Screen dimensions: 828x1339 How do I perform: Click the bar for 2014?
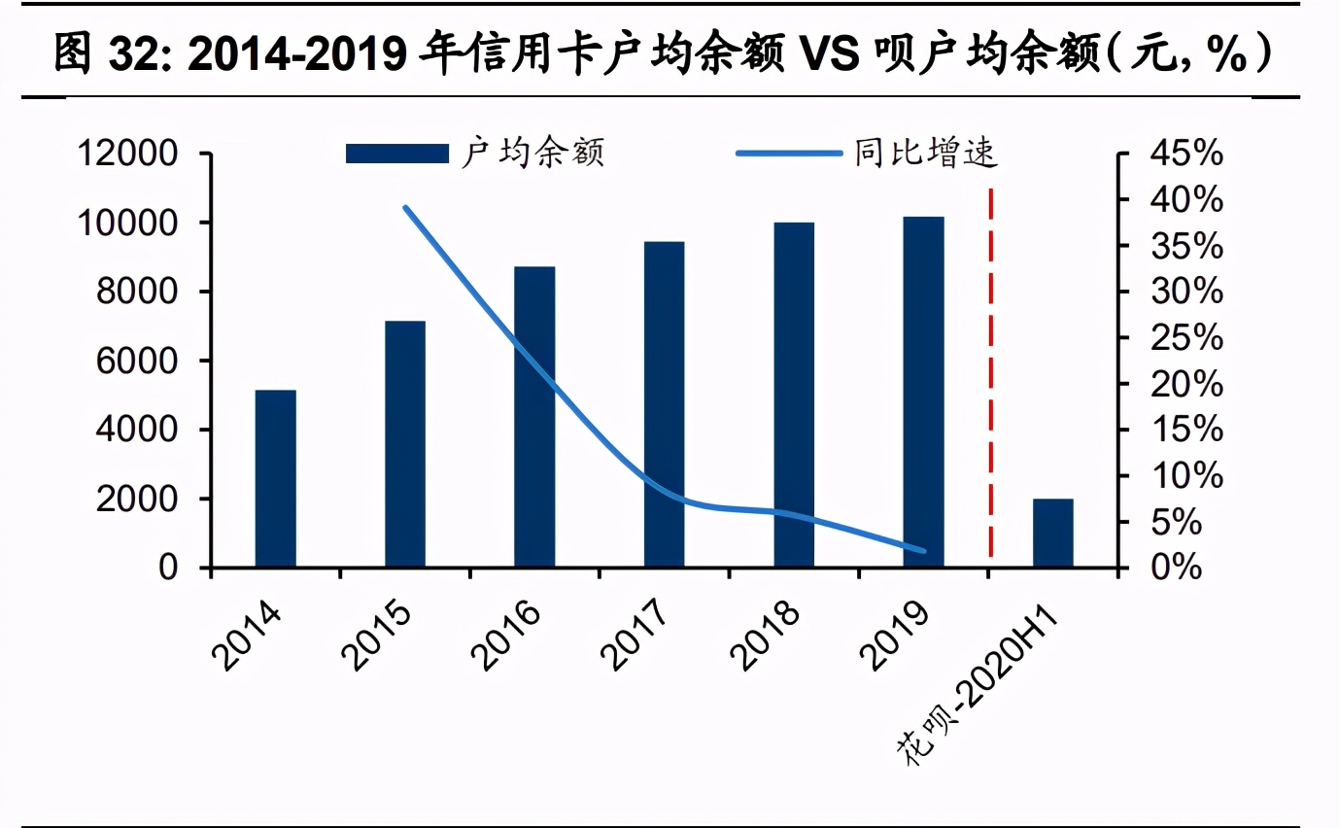click(275, 478)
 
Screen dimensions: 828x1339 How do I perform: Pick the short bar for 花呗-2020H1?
click(1052, 533)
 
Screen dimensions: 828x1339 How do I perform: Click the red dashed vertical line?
click(990, 369)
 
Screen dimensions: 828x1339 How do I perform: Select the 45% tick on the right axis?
click(1183, 154)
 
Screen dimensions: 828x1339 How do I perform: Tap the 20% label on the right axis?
click(1183, 384)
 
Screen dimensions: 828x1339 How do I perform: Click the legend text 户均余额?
click(532, 154)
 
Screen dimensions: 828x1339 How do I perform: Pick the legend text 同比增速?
click(926, 154)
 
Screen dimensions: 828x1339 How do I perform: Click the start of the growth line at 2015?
click(405, 207)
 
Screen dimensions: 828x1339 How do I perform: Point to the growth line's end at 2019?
click(923, 551)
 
